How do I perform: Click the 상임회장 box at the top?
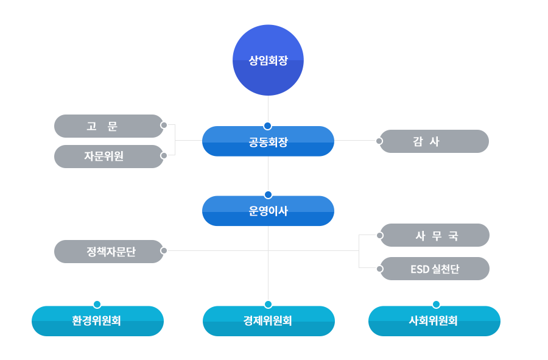[268, 60]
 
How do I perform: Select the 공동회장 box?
[268, 142]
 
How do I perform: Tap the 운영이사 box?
[268, 211]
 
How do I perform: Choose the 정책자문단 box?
[108, 252]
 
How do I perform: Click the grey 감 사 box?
[434, 141]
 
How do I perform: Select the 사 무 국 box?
[435, 235]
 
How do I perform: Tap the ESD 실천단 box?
[435, 269]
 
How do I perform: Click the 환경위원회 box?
[98, 321]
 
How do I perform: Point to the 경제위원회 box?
[269, 321]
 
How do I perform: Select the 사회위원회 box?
[434, 321]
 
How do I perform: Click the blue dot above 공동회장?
[267, 125]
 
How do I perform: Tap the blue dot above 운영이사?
[268, 195]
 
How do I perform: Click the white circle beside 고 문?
[164, 125]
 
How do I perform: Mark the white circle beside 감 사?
[379, 141]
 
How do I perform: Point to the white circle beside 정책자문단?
[164, 250]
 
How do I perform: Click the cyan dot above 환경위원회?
[97, 305]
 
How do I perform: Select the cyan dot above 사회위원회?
[436, 305]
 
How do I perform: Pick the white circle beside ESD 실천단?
[380, 269]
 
